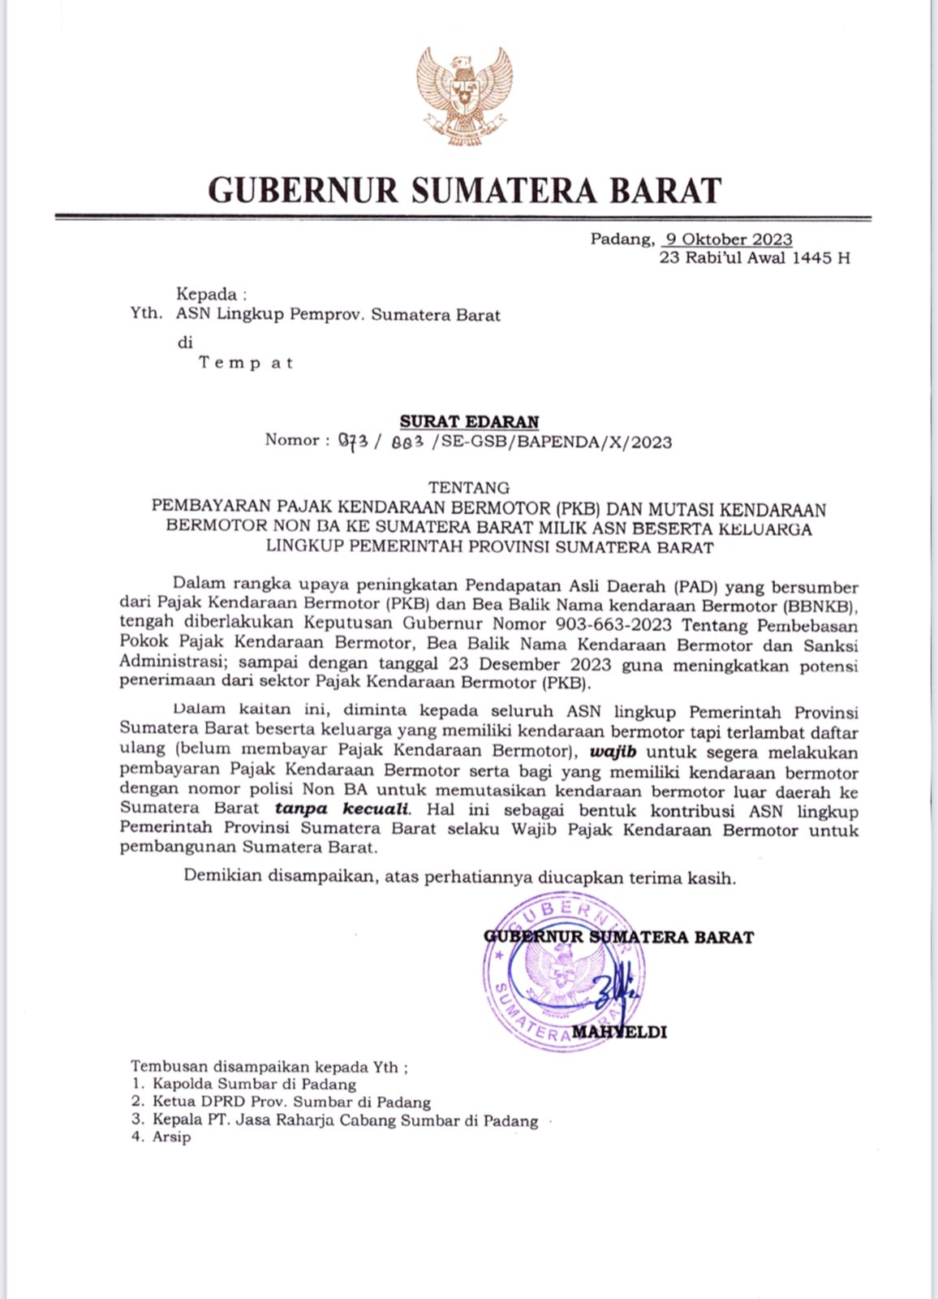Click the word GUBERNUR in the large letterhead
coord(303,190)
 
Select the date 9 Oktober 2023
coord(729,240)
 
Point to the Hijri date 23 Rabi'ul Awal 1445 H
coord(755,259)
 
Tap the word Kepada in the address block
coord(206,295)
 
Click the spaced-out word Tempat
coord(246,363)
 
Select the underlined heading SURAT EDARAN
coord(469,421)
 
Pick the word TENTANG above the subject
coord(469,488)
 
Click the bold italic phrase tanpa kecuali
coord(343,809)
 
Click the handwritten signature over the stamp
coord(613,992)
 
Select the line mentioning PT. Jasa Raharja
coord(345,1121)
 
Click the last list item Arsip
coord(171,1137)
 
